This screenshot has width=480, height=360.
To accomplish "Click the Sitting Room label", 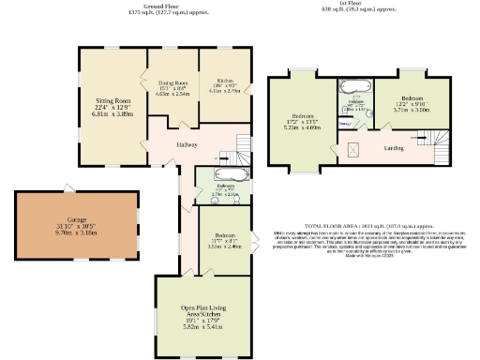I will (x=110, y=98).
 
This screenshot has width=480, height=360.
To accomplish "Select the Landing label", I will (x=393, y=146).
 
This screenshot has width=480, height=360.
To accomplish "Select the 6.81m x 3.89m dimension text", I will (x=110, y=113).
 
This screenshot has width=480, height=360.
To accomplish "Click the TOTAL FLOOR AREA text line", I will (x=357, y=226).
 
